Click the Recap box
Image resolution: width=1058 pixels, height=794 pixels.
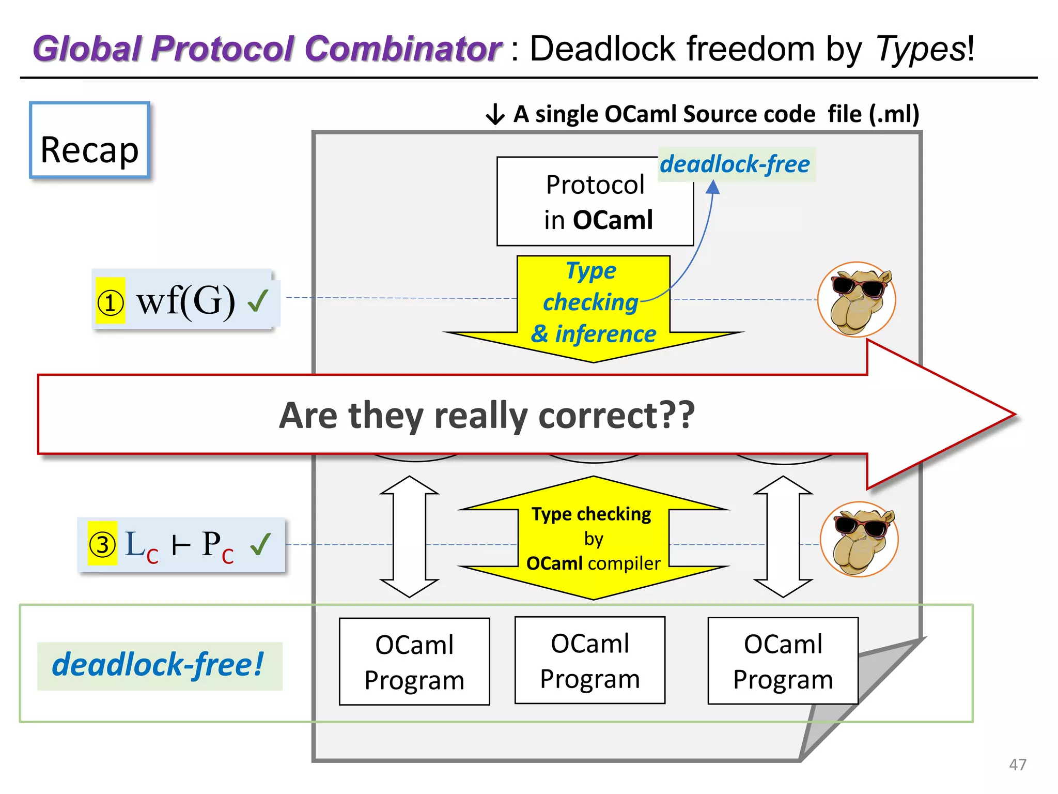coord(89,141)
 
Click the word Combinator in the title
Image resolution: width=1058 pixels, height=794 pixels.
coord(402,49)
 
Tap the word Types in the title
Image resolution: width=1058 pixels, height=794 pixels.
coord(920,49)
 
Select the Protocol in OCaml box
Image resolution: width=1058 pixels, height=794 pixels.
coord(595,202)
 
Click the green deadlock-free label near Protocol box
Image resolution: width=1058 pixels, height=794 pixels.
coord(736,164)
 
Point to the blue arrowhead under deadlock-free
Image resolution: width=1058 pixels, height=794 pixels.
coord(713,187)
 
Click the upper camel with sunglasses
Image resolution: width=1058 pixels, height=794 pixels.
coord(857,299)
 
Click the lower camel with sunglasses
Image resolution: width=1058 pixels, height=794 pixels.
coord(860,539)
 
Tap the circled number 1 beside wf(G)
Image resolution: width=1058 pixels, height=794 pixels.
coord(111,302)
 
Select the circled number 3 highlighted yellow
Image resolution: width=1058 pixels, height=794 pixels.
coord(102,544)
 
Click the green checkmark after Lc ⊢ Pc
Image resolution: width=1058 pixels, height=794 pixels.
coord(260,543)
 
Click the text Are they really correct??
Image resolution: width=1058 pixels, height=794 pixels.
coord(487,416)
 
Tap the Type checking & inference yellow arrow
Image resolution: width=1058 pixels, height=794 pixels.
coord(593,310)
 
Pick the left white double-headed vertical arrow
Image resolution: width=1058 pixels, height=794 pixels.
coord(409,537)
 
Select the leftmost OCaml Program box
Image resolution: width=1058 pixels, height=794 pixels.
coord(414,662)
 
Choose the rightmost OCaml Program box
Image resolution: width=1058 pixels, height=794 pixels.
coord(783,661)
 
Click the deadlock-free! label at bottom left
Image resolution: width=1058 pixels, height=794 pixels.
coord(159,665)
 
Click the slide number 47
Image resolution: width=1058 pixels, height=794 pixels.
coord(1017,765)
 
